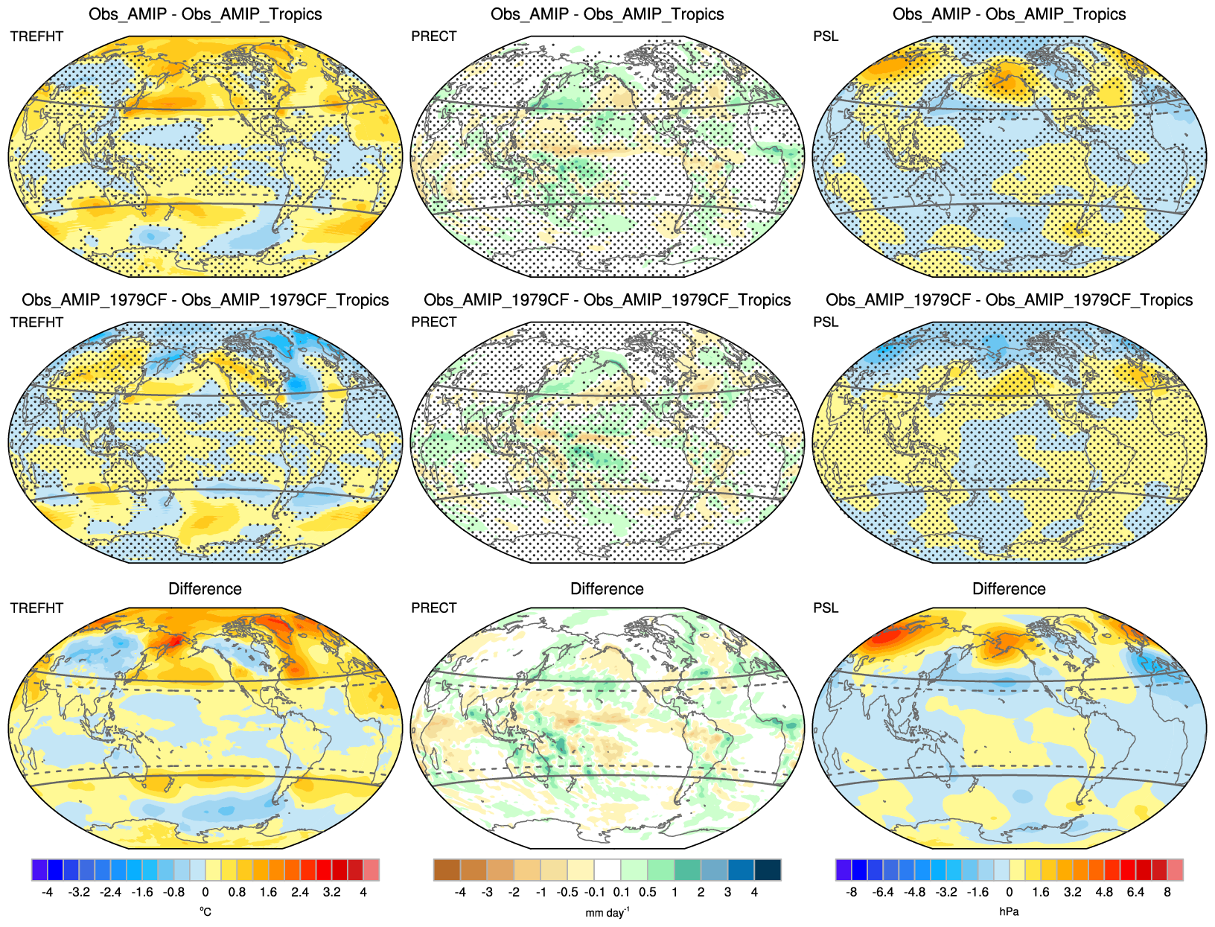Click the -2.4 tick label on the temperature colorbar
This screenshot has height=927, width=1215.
pyautogui.click(x=110, y=892)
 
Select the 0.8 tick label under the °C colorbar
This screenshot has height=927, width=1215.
pyautogui.click(x=237, y=892)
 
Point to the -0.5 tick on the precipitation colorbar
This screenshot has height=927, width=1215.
pyautogui.click(x=568, y=892)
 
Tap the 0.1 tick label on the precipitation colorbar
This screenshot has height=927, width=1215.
pyautogui.click(x=622, y=892)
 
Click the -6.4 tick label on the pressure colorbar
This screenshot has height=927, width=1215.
pyautogui.click(x=882, y=892)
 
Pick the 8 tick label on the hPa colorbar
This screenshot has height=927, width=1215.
pyautogui.click(x=1167, y=892)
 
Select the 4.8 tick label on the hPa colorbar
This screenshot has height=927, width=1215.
pyautogui.click(x=1104, y=892)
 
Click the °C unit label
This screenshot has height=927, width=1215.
pyautogui.click(x=205, y=911)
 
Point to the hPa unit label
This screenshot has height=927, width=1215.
pyautogui.click(x=1009, y=911)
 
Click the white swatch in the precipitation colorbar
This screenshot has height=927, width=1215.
pyautogui.click(x=607, y=870)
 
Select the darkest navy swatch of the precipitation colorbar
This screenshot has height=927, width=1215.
pyautogui.click(x=768, y=870)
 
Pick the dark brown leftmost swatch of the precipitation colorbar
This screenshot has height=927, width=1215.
pyautogui.click(x=447, y=870)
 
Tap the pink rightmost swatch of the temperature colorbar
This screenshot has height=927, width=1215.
pyautogui.click(x=371, y=870)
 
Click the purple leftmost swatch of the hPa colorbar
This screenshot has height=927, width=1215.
pyautogui.click(x=844, y=870)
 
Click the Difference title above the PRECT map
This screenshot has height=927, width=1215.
pyautogui.click(x=607, y=589)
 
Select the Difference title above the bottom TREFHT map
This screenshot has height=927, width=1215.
pyautogui.click(x=205, y=589)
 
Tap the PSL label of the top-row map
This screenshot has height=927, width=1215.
pyautogui.click(x=826, y=36)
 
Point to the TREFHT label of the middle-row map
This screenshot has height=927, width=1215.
pyautogui.click(x=36, y=322)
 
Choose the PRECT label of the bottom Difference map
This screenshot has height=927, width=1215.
pyautogui.click(x=434, y=608)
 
